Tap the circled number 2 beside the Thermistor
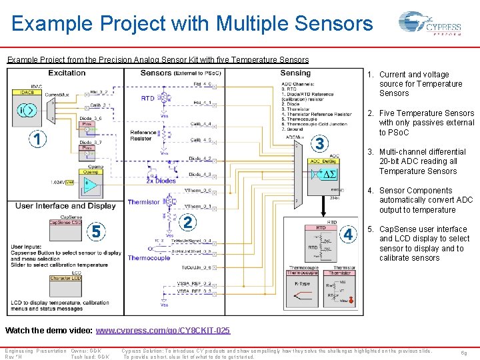click(189, 223)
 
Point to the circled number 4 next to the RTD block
click(348, 234)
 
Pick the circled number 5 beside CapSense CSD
click(97, 231)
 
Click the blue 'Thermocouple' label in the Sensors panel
click(149, 258)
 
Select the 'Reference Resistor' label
click(143, 136)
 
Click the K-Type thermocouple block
click(302, 290)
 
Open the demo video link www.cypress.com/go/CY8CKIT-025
click(163, 331)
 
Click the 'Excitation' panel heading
click(67, 73)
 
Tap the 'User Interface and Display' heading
click(65, 205)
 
